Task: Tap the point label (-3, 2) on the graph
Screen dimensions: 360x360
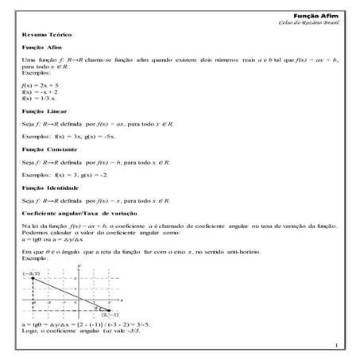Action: (33, 273)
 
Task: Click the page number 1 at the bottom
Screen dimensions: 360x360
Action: (337, 345)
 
